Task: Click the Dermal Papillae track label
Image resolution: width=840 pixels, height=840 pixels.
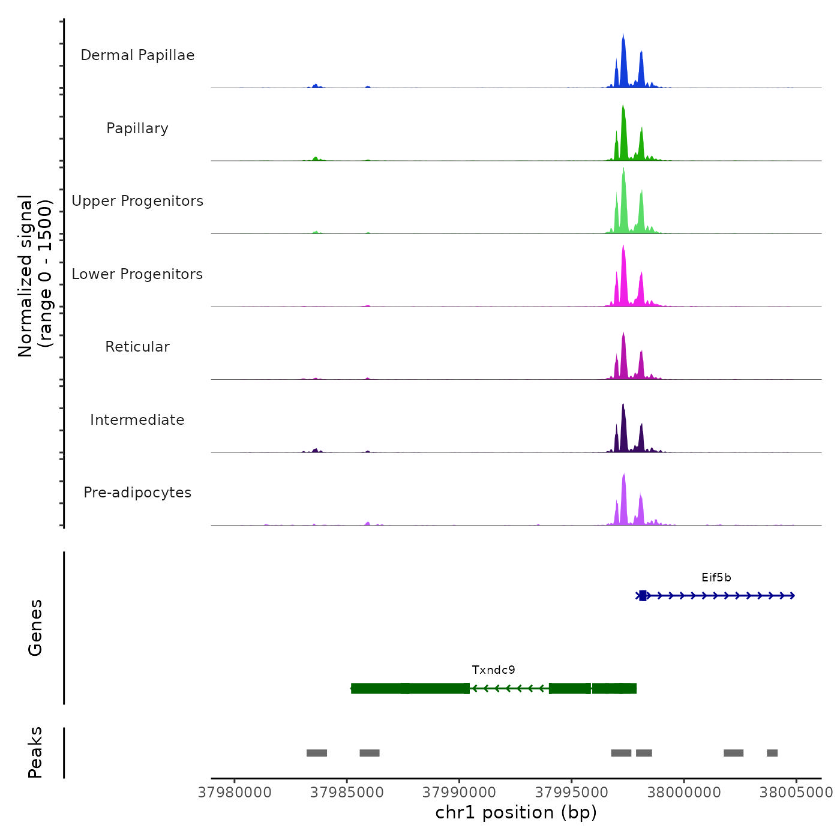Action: point(137,55)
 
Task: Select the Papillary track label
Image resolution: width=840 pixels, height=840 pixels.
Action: point(137,128)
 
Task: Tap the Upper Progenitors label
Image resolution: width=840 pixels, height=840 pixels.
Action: point(137,201)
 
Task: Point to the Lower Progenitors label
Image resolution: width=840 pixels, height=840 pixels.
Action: point(137,274)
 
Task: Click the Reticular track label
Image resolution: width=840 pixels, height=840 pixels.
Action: point(137,347)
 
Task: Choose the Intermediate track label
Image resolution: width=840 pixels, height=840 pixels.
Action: point(137,420)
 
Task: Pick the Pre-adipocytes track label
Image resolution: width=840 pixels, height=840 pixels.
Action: point(137,493)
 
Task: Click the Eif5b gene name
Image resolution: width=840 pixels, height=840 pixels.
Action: point(716,578)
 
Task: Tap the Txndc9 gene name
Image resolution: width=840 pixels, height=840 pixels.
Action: point(493,670)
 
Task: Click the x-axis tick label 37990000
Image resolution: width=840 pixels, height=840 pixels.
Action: point(460,793)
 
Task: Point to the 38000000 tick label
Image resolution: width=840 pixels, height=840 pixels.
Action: point(684,793)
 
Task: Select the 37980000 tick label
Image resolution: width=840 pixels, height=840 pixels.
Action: point(235,793)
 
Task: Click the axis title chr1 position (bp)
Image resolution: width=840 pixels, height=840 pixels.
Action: point(516,812)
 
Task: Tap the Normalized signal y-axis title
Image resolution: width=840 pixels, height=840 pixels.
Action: point(35,276)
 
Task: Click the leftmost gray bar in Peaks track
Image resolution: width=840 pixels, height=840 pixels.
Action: point(317,753)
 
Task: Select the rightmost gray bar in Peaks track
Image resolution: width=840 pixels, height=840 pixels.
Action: point(772,753)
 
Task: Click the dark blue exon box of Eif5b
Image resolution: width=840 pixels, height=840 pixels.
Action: point(643,596)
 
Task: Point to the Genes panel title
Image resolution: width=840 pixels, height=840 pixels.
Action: point(35,628)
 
